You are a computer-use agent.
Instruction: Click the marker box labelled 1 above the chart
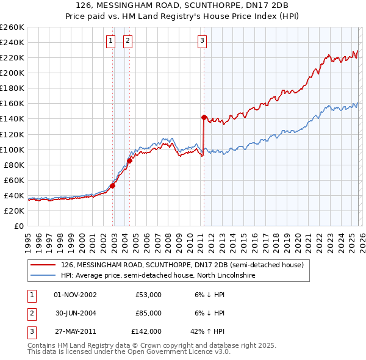pos(110,41)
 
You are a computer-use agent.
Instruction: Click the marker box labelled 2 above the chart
pos(128,41)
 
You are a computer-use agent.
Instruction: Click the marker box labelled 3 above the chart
pos(202,41)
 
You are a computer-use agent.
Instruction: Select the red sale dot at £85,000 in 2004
pos(129,161)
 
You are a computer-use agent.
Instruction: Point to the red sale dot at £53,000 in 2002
pos(113,185)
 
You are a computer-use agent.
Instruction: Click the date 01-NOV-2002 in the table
pos(75,295)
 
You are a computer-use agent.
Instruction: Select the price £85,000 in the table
pos(148,313)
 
